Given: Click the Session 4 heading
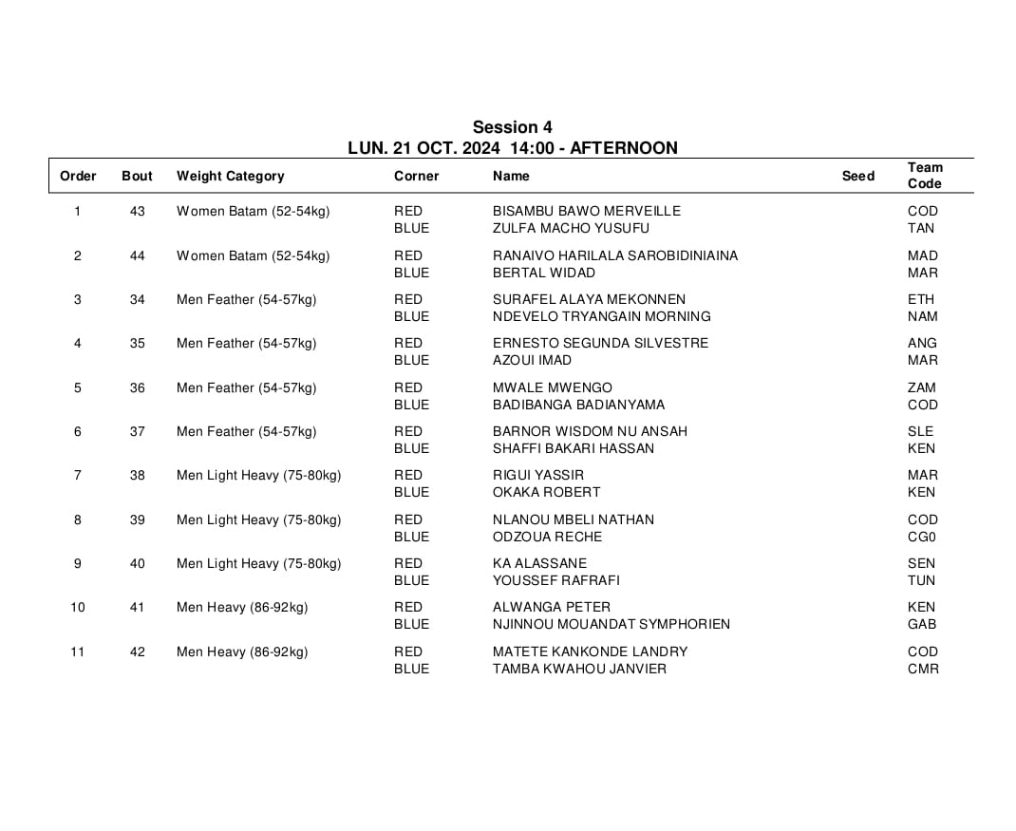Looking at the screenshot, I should (512, 127).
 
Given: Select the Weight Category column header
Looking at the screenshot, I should (230, 176).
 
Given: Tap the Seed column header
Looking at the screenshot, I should (857, 176).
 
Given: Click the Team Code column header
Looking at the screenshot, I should (925, 176).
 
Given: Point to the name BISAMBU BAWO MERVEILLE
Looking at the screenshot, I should (586, 211).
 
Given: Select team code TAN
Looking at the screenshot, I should (921, 228).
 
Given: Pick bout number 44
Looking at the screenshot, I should (138, 255).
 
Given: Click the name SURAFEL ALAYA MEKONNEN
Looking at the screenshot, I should (589, 299).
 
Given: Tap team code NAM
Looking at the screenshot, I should (922, 316).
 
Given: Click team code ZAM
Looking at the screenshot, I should (921, 387).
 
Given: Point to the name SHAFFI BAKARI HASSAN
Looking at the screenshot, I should (573, 448).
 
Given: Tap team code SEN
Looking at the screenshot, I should (921, 563).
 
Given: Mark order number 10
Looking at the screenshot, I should (78, 607).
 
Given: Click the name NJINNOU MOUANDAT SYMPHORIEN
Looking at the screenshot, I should (611, 624).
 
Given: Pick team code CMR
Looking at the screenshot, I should (923, 669).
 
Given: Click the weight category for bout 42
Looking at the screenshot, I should (242, 652).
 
